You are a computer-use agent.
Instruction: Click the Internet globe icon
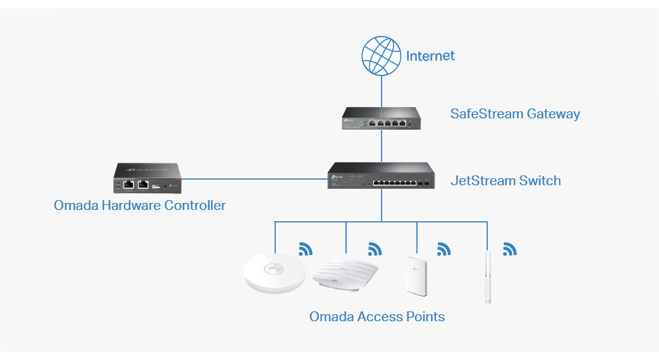click(382, 56)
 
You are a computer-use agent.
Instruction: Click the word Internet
click(430, 56)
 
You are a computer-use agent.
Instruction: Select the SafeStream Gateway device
click(382, 118)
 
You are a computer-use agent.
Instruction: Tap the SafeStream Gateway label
click(515, 113)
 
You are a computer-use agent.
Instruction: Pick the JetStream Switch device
click(381, 176)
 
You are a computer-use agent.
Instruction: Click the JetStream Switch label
click(506, 180)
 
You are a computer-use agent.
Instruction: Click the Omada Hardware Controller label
click(139, 206)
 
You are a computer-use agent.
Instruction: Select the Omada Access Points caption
click(377, 316)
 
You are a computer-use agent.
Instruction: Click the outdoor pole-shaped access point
click(487, 276)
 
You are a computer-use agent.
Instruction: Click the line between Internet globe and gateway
click(382, 91)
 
